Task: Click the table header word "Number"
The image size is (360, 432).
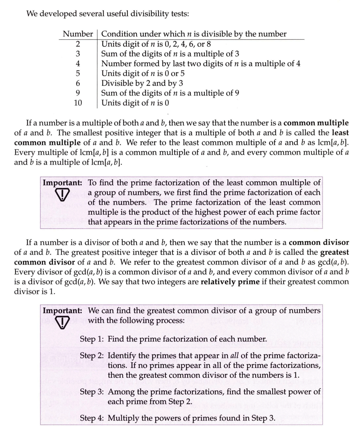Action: pyautogui.click(x=78, y=34)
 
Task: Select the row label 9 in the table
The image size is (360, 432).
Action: pyautogui.click(x=78, y=93)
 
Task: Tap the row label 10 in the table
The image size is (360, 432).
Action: pyautogui.click(x=78, y=102)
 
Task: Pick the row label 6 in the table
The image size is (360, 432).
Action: pyautogui.click(x=78, y=83)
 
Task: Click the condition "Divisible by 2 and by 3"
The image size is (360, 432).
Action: pyautogui.click(x=142, y=83)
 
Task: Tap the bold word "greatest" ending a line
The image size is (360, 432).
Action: pyautogui.click(x=334, y=252)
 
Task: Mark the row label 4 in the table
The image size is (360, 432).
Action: pyautogui.click(x=78, y=63)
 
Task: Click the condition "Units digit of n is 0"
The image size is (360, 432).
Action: pyautogui.click(x=132, y=102)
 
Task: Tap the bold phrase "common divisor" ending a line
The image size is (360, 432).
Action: pyautogui.click(x=319, y=242)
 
